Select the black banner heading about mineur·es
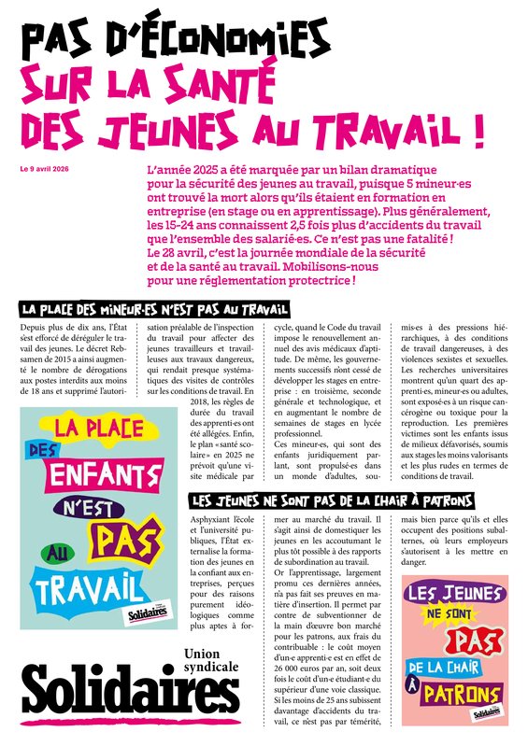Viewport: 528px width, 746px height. tap(154, 309)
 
